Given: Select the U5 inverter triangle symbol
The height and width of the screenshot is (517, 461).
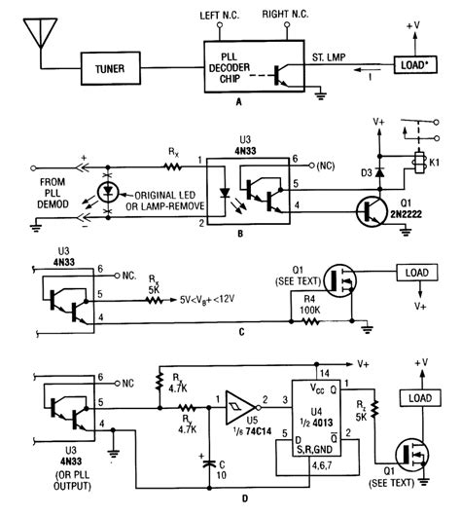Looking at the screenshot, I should [237, 402].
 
